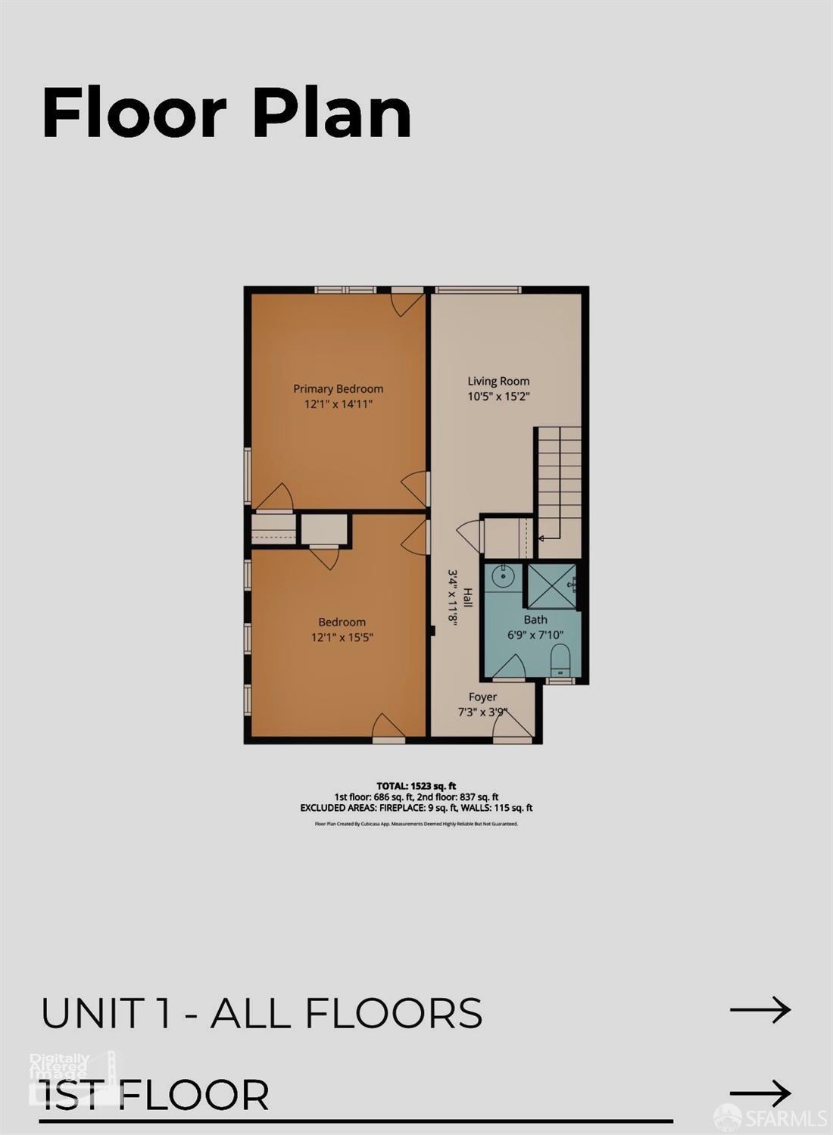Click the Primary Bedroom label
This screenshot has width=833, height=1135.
[x=338, y=388]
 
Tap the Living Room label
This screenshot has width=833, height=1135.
[x=498, y=381]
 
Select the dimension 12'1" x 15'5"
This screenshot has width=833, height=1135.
[x=342, y=637]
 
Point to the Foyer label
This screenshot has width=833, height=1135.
[x=482, y=697]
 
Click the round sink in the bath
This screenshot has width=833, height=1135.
[x=502, y=577]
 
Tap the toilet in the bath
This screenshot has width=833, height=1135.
[x=560, y=660]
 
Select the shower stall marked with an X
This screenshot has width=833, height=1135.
[x=551, y=585]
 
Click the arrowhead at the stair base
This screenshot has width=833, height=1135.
[x=541, y=538]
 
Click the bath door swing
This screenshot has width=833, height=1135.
[x=510, y=667]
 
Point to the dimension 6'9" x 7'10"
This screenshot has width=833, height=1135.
[x=535, y=635]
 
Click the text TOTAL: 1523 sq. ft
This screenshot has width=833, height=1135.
[x=416, y=786]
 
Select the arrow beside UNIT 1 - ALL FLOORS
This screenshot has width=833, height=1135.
[x=760, y=1009]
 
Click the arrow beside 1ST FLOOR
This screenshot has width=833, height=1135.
[x=760, y=1093]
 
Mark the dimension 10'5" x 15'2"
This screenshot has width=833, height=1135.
[x=498, y=396]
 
